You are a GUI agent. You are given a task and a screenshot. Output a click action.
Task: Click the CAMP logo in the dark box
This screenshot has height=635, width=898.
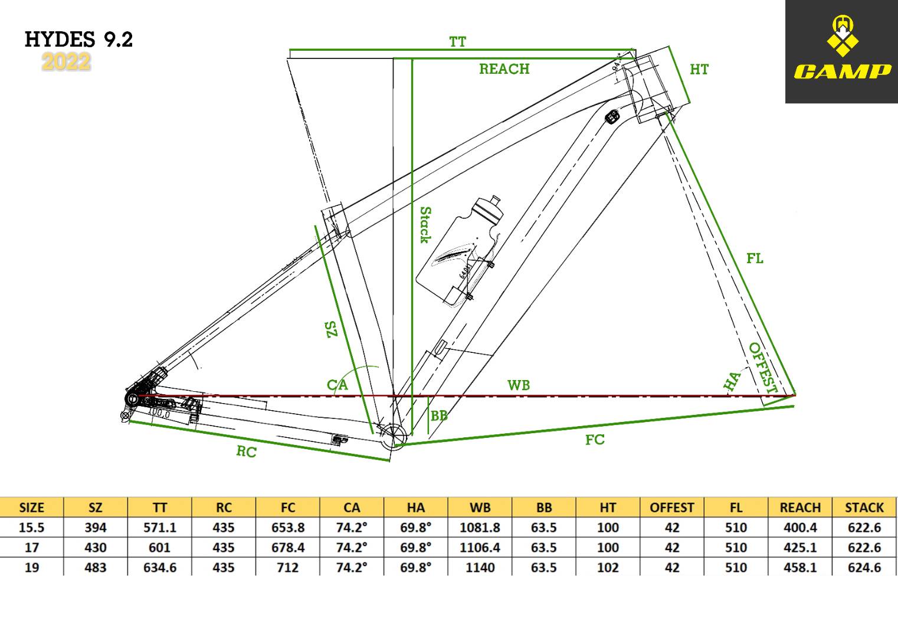click(841, 51)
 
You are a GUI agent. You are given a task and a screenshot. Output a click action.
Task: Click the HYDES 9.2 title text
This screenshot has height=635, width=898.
click(78, 40)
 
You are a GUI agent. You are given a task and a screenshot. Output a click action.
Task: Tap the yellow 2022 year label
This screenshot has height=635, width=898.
click(66, 61)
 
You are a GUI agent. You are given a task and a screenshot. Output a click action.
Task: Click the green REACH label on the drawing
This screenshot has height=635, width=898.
click(504, 69)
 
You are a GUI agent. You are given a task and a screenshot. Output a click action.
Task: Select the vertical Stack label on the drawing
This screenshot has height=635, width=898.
click(425, 224)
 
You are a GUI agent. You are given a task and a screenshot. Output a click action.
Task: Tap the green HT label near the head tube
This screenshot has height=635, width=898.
click(699, 70)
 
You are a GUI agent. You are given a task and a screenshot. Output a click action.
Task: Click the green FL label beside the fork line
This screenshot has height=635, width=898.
click(755, 258)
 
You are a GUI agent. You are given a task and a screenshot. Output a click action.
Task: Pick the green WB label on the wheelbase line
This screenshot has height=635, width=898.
click(519, 385)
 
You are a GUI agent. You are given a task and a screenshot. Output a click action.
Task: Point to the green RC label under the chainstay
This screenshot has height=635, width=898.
click(246, 451)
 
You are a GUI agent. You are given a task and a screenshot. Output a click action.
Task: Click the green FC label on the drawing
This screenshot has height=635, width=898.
click(595, 440)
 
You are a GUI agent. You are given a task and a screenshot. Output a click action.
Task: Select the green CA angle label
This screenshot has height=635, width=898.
click(337, 385)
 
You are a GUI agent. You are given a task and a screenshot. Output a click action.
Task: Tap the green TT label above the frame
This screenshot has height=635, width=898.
click(457, 42)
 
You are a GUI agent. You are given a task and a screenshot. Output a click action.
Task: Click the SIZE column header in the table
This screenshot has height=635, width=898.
click(32, 508)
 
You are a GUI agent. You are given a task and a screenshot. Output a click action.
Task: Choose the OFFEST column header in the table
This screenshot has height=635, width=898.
click(672, 508)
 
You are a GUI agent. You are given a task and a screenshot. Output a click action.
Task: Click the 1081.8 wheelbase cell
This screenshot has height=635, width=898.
click(480, 528)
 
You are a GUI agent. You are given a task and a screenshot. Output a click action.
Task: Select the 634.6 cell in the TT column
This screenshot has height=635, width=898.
click(159, 568)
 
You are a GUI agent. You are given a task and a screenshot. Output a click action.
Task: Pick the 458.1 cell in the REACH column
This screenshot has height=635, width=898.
click(800, 568)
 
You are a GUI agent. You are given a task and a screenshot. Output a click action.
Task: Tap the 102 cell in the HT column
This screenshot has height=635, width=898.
click(608, 568)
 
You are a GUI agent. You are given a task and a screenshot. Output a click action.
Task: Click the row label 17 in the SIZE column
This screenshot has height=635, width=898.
click(32, 548)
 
